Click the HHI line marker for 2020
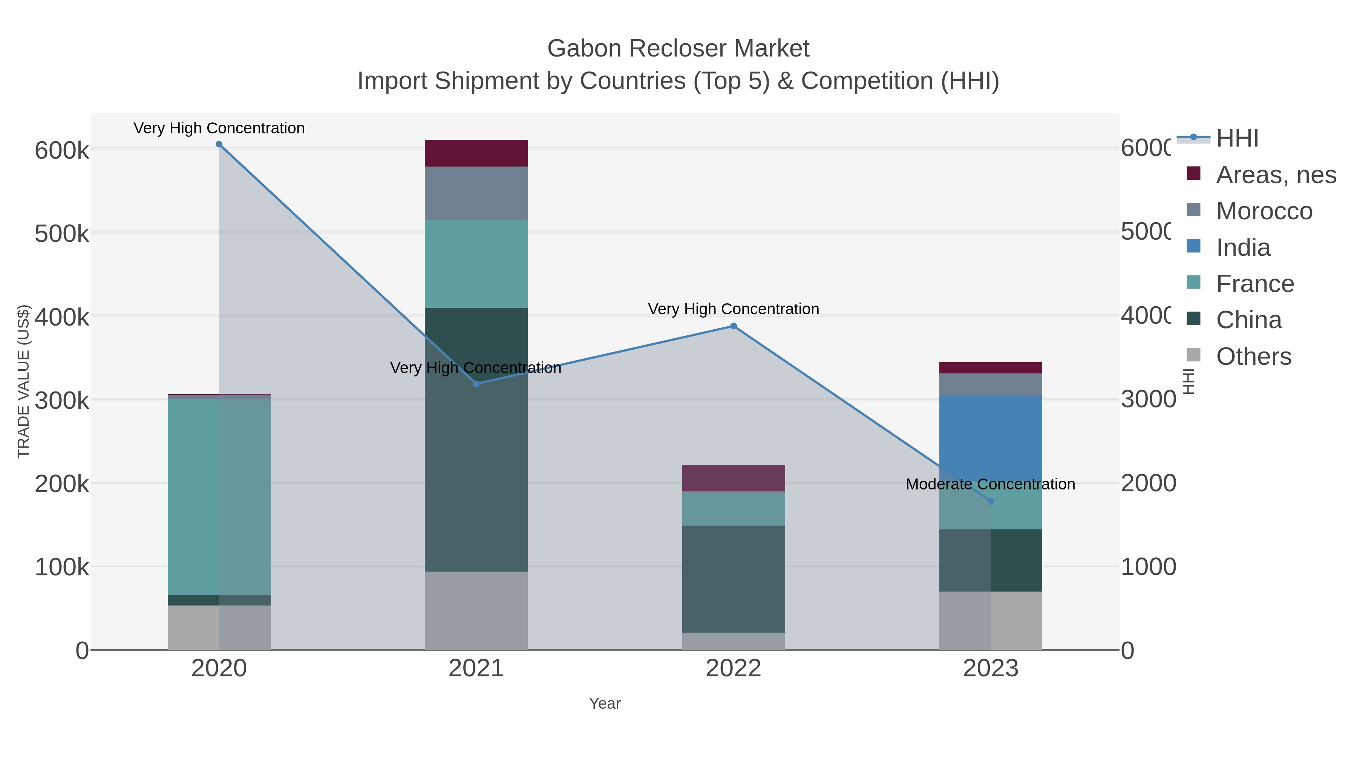[219, 144]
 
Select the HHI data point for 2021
[476, 384]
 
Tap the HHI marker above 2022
[733, 326]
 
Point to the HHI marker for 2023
[990, 501]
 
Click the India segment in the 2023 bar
[990, 437]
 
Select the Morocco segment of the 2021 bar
[476, 193]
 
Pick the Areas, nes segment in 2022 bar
[733, 478]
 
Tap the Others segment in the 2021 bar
[476, 611]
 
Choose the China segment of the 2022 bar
[733, 579]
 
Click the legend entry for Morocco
[1264, 211]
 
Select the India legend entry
[1243, 248]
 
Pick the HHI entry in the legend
[1237, 139]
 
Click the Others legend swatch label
[1253, 356]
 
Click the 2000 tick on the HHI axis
[1148, 483]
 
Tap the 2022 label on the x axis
[733, 669]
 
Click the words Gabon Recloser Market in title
[678, 49]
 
